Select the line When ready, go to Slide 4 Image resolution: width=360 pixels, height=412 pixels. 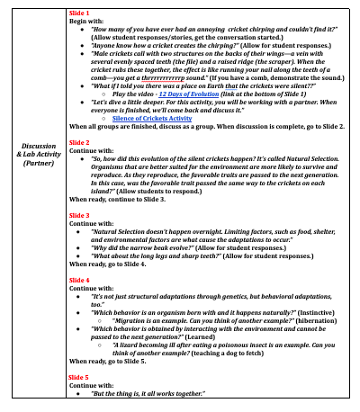(109, 264)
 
